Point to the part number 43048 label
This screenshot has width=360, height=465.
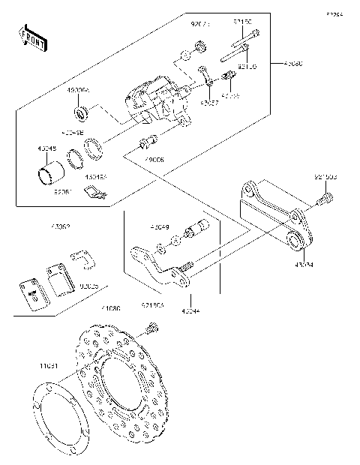46,148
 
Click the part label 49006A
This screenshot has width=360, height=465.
78,89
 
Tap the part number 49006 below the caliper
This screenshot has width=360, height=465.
155,159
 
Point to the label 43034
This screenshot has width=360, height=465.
304,264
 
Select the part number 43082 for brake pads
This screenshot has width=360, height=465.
61,226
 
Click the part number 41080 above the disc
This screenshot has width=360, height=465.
111,308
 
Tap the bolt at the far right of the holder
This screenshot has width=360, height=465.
325,199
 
